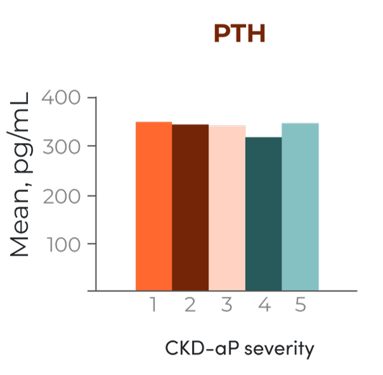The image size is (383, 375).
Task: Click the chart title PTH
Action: point(239,34)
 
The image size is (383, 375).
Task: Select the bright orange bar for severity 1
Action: point(153,206)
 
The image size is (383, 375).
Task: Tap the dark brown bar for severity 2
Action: point(190,207)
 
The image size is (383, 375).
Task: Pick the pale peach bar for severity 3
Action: point(227,208)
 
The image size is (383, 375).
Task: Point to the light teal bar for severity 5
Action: point(300,207)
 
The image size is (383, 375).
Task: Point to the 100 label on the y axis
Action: point(62,243)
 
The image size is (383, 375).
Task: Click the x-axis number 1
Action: point(153,306)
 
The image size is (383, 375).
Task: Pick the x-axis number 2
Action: point(190,306)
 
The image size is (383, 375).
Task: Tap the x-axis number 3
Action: point(227,306)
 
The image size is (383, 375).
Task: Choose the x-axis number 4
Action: point(264,306)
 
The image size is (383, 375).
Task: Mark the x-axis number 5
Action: point(301,306)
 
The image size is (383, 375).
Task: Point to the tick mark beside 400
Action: point(91,98)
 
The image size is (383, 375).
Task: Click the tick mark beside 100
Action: point(91,243)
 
